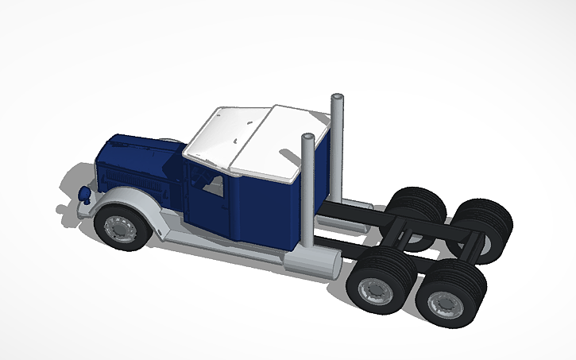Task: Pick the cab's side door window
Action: coord(211,185)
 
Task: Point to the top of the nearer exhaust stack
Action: coord(307,140)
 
